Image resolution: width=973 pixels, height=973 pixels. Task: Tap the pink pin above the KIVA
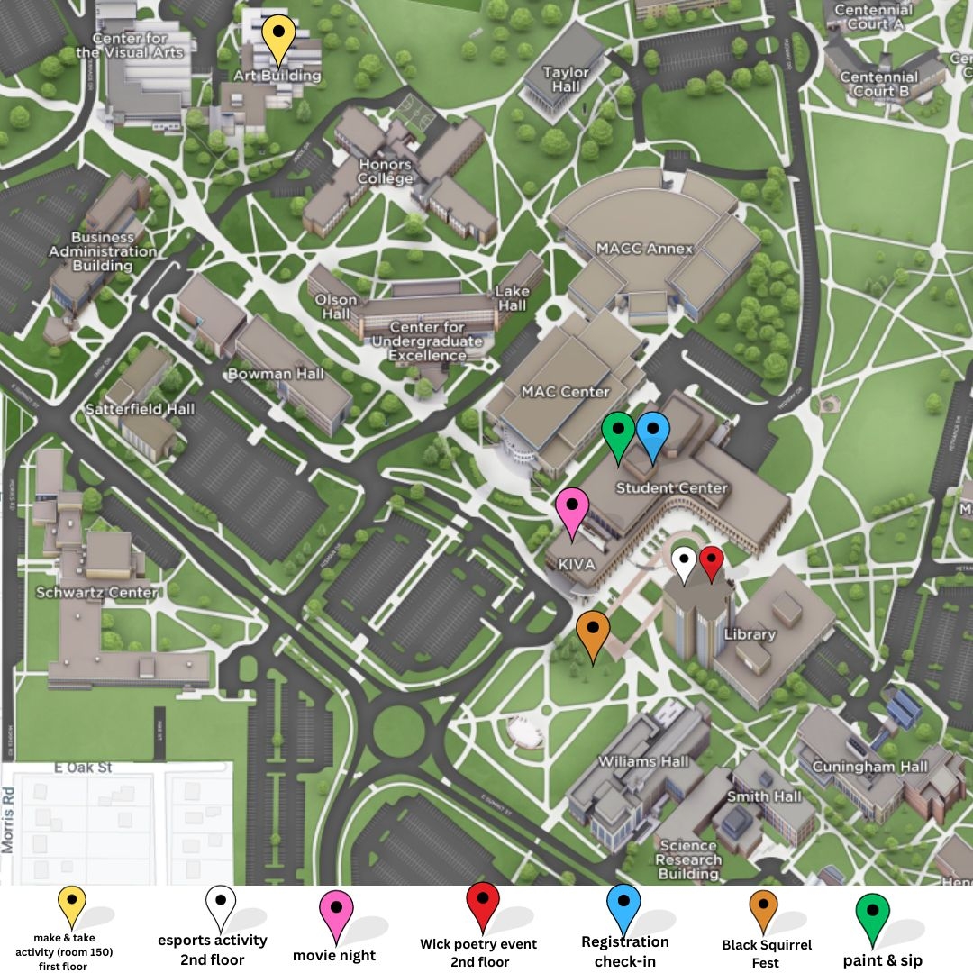572,512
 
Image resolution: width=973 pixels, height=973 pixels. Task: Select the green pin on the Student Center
618,435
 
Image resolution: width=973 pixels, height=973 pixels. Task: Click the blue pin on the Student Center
653,435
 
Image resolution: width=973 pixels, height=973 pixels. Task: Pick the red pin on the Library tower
712,563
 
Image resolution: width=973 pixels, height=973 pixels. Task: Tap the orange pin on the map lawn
593,633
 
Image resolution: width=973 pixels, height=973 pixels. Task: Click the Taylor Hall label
566,79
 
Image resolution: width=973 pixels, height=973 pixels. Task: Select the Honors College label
385,171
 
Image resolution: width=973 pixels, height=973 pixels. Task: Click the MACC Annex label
644,249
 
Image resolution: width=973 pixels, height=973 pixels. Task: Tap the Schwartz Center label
96,593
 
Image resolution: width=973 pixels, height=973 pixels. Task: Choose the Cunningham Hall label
869,767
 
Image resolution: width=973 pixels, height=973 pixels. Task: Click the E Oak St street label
83,768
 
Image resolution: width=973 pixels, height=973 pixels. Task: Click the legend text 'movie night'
334,955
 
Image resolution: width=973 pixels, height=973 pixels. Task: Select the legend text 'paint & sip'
883,960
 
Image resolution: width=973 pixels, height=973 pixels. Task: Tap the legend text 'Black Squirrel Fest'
767,953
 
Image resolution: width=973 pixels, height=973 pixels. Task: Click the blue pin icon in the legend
623,906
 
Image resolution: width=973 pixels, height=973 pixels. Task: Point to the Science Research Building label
688,859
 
